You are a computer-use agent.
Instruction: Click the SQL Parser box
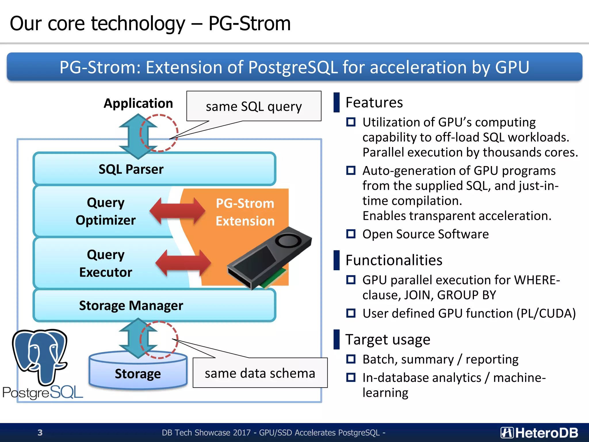(154, 169)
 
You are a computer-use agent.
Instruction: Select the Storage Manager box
(154, 305)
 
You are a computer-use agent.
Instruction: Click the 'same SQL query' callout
(254, 106)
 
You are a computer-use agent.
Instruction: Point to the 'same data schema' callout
(260, 373)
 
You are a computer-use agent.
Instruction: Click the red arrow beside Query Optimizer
(177, 212)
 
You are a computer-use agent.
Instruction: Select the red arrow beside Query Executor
(183, 263)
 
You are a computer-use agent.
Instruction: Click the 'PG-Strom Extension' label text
(245, 212)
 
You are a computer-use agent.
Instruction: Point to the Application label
(138, 103)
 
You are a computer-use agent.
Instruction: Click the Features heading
(374, 102)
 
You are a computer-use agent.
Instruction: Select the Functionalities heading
(394, 260)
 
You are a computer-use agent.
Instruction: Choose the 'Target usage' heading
(388, 340)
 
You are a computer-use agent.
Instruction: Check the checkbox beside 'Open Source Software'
(351, 234)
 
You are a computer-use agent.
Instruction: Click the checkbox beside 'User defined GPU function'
(351, 313)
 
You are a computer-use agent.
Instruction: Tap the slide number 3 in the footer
(40, 433)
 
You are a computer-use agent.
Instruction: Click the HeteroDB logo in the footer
(539, 433)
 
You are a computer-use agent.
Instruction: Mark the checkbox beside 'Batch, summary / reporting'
(351, 359)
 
